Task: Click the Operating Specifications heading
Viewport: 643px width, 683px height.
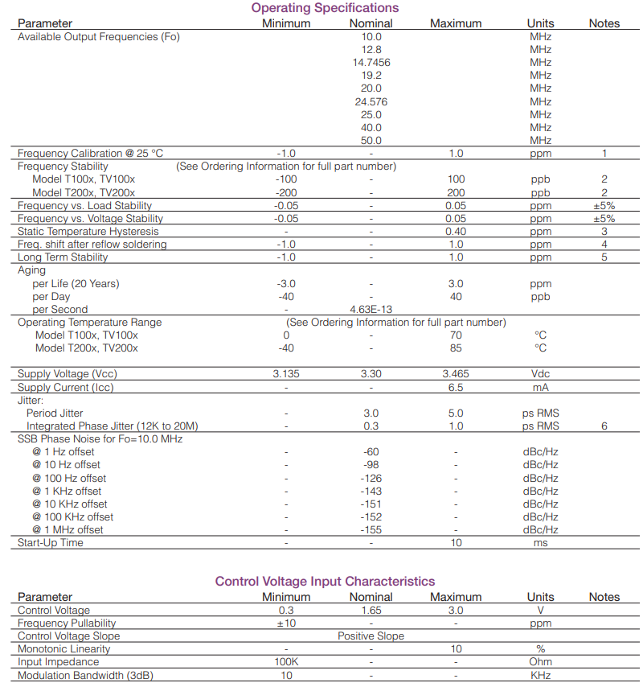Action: [325, 8]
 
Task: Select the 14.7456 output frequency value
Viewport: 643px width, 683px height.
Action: [371, 63]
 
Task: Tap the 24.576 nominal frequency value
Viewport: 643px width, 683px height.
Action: [371, 101]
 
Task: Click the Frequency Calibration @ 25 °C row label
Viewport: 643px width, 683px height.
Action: [90, 154]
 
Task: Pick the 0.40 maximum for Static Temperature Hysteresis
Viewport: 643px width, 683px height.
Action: [456, 232]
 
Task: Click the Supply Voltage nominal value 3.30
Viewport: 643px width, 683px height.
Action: [371, 374]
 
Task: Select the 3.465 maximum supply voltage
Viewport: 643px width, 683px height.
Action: [456, 374]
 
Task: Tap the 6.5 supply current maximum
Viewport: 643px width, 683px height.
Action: [456, 388]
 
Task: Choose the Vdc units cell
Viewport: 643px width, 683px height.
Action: [540, 374]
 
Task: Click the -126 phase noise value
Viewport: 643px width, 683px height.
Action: [371, 479]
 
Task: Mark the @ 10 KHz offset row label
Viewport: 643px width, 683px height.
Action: [70, 504]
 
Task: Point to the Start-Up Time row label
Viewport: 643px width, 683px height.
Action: [51, 543]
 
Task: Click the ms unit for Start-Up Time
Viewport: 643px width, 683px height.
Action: [540, 543]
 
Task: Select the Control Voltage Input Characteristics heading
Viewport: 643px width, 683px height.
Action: [325, 582]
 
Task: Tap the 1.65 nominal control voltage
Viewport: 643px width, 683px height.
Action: [371, 611]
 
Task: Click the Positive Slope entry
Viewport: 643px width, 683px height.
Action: [371, 636]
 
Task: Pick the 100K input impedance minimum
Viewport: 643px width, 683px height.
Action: [286, 662]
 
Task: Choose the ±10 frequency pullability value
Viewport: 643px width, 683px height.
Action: [286, 623]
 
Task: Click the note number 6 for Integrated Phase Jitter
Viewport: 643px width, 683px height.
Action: [604, 426]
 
